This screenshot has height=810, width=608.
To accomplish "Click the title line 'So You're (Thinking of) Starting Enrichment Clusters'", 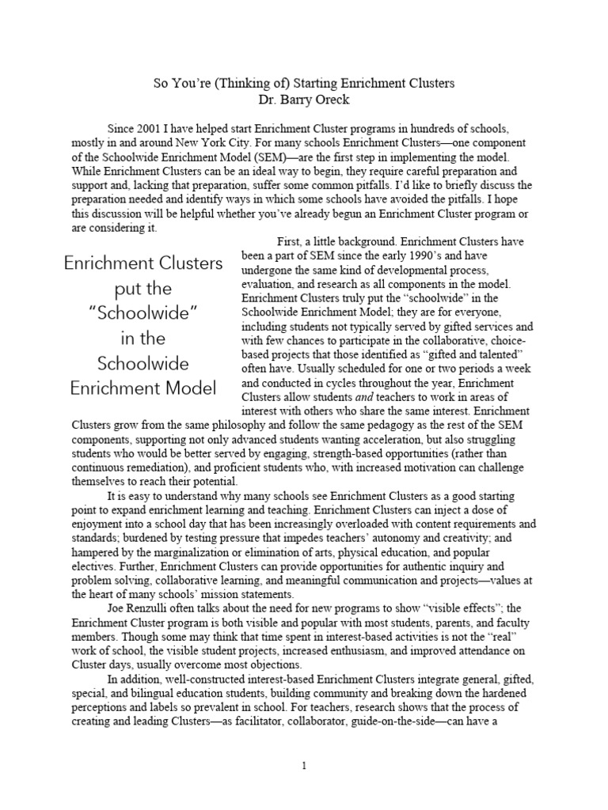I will coord(304,83).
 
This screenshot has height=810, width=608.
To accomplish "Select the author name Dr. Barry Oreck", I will coord(303,100).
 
